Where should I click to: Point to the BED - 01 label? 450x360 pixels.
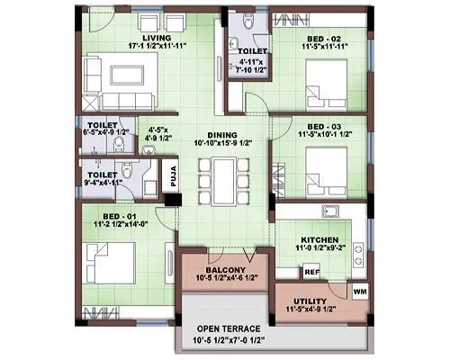pos(121,218)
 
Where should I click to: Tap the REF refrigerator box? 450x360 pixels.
pos(311,271)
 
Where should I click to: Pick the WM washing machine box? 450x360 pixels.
pos(360,292)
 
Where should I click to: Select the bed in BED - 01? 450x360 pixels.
pos(106,264)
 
